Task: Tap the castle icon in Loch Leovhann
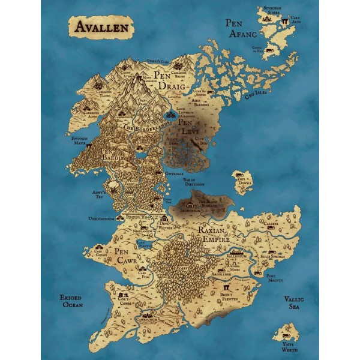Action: point(172,112)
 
